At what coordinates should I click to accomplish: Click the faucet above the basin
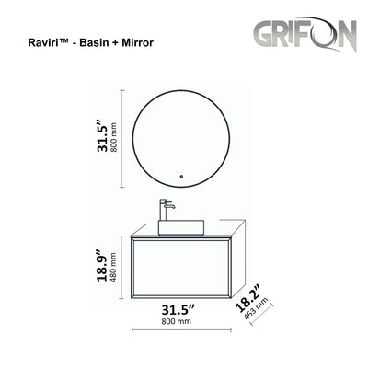point(167,206)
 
